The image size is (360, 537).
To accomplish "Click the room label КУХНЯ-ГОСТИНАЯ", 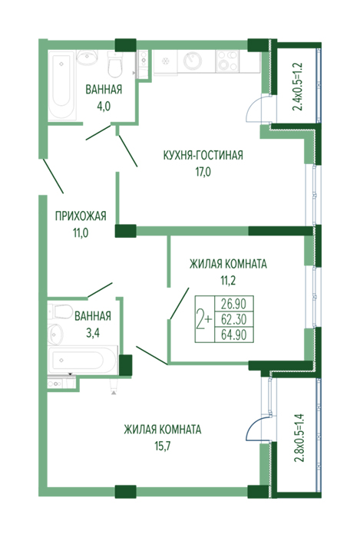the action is tap(203, 155).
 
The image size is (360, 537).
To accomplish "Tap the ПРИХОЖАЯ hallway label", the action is tap(81, 216).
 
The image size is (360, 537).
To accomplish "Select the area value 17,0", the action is tap(203, 172).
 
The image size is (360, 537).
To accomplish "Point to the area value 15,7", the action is tap(163, 446).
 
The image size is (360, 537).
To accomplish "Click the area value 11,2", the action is tap(228, 281).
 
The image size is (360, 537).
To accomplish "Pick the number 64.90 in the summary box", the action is tap(234, 334).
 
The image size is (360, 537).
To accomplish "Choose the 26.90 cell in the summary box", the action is tap(234, 304).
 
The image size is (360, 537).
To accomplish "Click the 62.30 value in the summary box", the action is tap(234, 319).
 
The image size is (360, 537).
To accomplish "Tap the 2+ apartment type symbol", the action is tap(204, 319).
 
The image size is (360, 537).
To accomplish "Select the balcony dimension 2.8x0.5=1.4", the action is tap(299, 438).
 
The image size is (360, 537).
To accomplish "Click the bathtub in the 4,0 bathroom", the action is tap(61, 85).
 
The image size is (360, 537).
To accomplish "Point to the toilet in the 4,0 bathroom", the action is tap(114, 64).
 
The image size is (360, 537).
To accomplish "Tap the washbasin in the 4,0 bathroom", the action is tap(88, 58).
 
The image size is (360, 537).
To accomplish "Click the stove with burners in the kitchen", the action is tap(227, 61).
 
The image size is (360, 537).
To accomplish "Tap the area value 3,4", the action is tap(92, 332).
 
